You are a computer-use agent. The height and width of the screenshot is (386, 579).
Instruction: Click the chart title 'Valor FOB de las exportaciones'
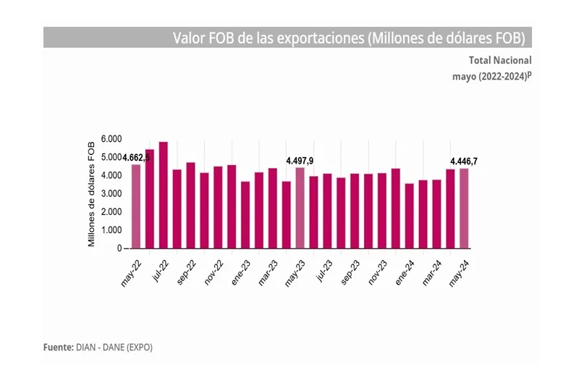[347, 38]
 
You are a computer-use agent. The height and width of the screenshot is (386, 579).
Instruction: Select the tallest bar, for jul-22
[163, 196]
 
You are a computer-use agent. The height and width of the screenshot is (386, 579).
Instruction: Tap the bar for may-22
[135, 206]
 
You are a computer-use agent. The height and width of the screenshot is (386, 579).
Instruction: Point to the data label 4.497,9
[300, 160]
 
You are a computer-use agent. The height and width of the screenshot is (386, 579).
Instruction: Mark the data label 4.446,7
[464, 161]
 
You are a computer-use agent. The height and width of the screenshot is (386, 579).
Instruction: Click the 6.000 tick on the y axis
[111, 138]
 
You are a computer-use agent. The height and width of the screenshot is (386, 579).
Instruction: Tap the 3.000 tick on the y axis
[111, 193]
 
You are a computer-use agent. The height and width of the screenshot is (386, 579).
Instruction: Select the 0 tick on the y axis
[118, 248]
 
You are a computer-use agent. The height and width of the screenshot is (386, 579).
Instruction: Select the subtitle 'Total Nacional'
[500, 60]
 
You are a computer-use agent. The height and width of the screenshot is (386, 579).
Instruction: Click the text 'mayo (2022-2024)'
[491, 75]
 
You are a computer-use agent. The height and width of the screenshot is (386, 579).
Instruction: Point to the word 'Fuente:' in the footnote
[59, 347]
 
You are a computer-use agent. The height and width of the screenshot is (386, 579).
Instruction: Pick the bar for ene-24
[409, 216]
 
